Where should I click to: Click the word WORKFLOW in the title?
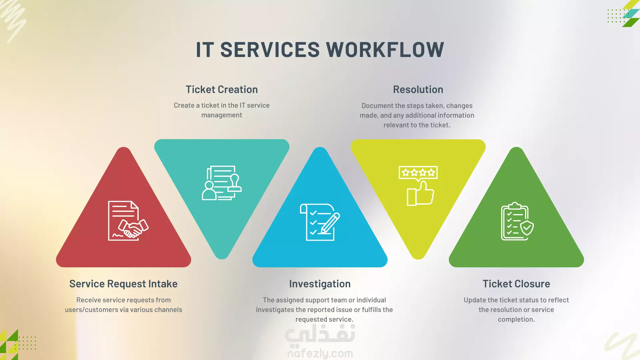[x=385, y=50]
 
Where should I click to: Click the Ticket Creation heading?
[x=222, y=89]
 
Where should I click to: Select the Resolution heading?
[x=418, y=89]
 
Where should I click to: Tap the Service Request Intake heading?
[x=123, y=284]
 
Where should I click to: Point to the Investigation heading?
[x=320, y=284]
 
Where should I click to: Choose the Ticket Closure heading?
[x=516, y=284]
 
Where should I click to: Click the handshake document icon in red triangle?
[x=128, y=221]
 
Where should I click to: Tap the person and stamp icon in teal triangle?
[x=222, y=183]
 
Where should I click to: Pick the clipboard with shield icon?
[x=517, y=221]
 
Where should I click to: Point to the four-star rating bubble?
[x=418, y=173]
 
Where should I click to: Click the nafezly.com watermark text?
[x=320, y=353]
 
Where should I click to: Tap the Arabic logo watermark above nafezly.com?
[x=320, y=334]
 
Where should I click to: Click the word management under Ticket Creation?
[x=222, y=115]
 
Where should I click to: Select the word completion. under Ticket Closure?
[x=516, y=319]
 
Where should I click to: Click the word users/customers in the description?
[x=91, y=310]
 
